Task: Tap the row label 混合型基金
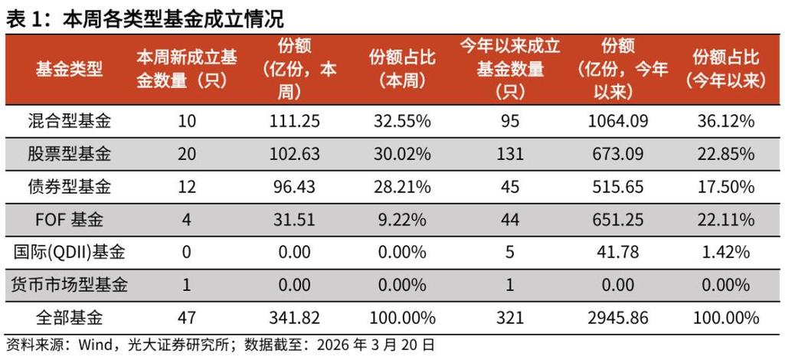point(69,120)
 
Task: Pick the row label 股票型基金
point(69,153)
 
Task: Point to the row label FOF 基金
point(69,219)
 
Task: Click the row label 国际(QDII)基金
point(69,252)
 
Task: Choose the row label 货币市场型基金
point(69,285)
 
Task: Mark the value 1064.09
point(613,120)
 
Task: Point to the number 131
point(509,153)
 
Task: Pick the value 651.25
point(613,219)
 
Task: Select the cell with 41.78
point(613,252)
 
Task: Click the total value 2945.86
point(613,317)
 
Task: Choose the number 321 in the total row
point(509,317)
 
